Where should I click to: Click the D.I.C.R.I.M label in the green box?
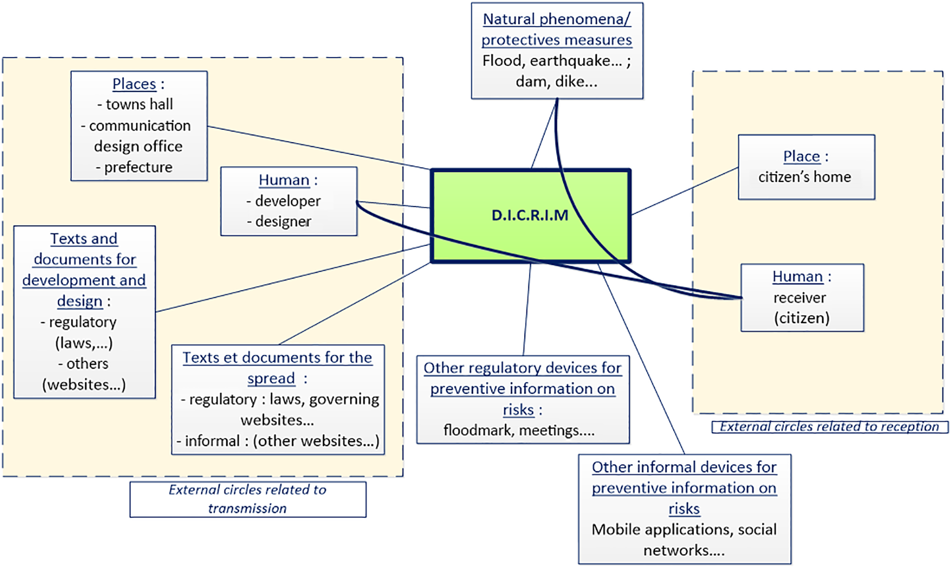[x=530, y=215]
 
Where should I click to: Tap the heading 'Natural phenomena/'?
[x=556, y=19]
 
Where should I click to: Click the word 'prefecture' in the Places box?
[x=138, y=167]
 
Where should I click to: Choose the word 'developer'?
[x=287, y=201]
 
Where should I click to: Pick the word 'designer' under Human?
[x=283, y=222]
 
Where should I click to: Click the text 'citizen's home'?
[x=805, y=177]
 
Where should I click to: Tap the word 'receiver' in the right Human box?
[x=800, y=298]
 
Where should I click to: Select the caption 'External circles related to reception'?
[x=829, y=427]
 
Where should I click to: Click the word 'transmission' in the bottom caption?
[x=247, y=508]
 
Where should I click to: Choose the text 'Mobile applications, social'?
[x=684, y=529]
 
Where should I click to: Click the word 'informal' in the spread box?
[x=212, y=441]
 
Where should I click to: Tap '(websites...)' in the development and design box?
[x=84, y=384]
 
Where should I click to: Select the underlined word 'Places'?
[x=134, y=84]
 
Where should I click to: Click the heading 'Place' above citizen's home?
[x=801, y=157]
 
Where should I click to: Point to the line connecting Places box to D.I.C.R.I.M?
[x=318, y=147]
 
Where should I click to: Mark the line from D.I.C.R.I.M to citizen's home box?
[x=684, y=191]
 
